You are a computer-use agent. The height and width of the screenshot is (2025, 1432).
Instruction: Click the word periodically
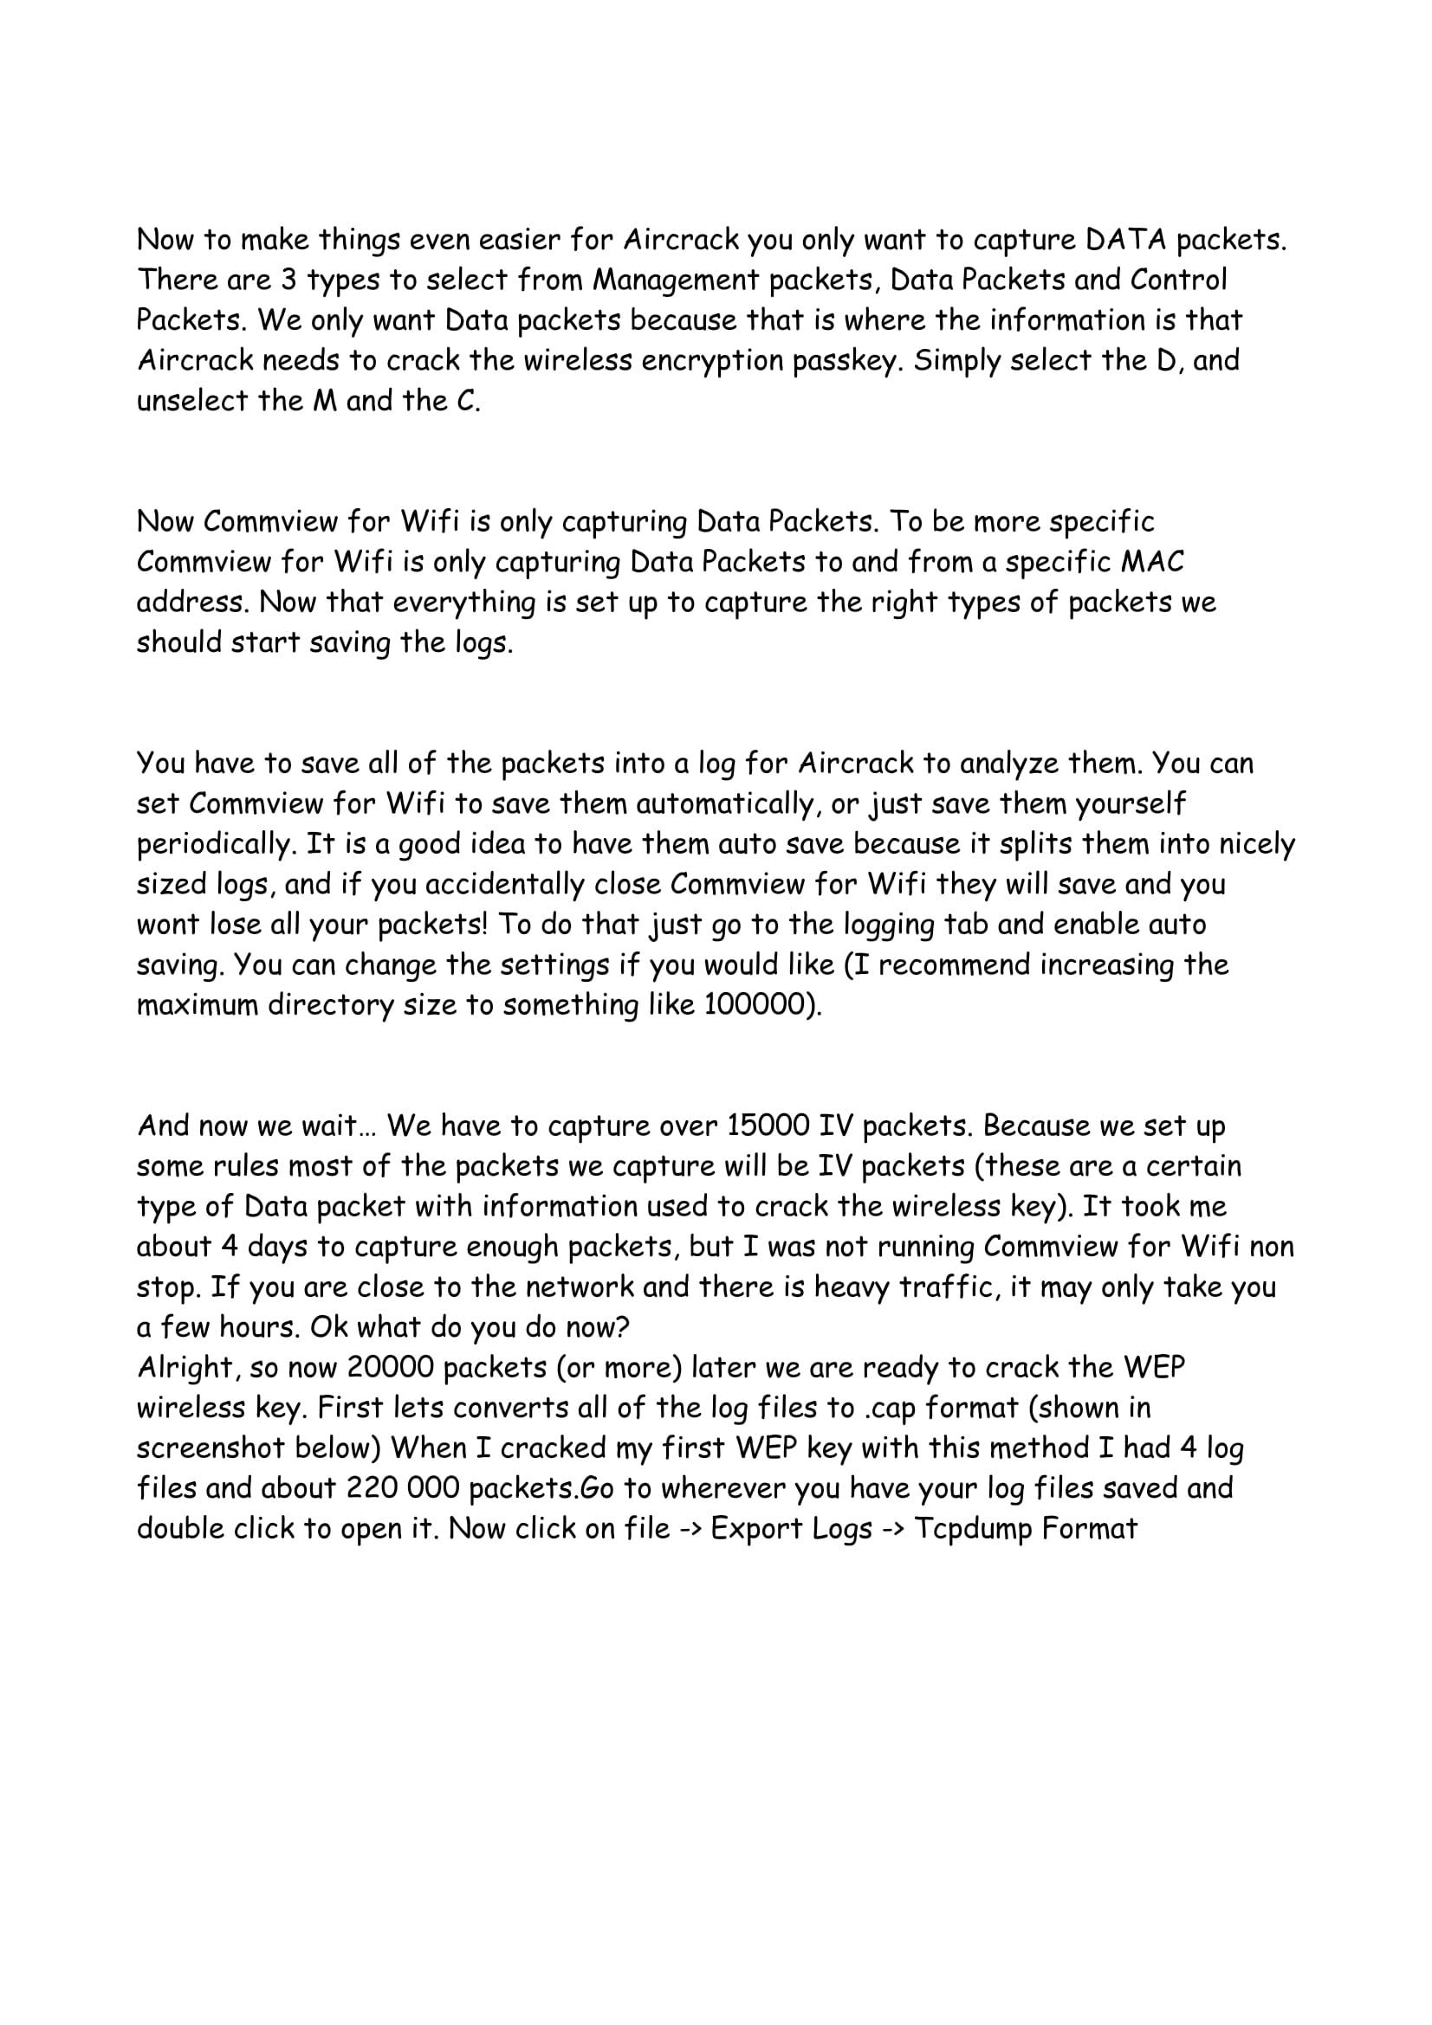tap(214, 844)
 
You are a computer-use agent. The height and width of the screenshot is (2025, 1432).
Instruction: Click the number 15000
tap(768, 1126)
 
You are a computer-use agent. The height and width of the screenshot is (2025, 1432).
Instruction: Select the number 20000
tap(391, 1367)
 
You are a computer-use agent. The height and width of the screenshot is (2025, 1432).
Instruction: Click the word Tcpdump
tap(973, 1528)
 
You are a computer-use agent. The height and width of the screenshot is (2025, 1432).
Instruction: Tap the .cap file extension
tap(889, 1408)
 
